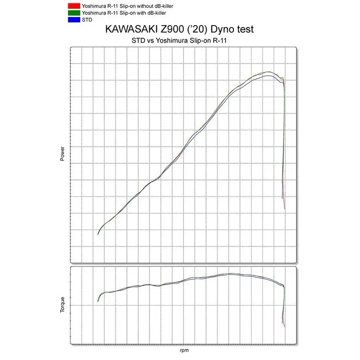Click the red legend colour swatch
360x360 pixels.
72,6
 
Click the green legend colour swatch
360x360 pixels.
72,13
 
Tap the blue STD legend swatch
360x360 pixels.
72,20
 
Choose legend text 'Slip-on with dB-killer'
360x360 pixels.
128,13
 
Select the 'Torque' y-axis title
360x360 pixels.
63,305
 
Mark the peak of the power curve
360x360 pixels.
269,72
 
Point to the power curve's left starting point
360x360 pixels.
98,234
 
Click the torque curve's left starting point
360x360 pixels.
98,301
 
